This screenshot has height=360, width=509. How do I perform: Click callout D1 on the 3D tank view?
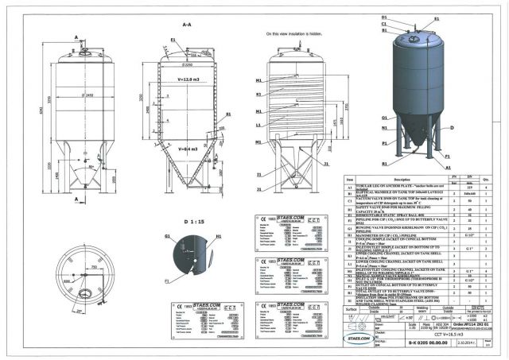pyautogui.click(x=383, y=17)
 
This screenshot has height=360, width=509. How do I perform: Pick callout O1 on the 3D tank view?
pyautogui.click(x=384, y=118)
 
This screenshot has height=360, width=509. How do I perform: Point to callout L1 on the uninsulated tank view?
pyautogui.click(x=259, y=125)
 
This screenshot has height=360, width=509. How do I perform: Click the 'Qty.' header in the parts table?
pyautogui.click(x=487, y=180)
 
